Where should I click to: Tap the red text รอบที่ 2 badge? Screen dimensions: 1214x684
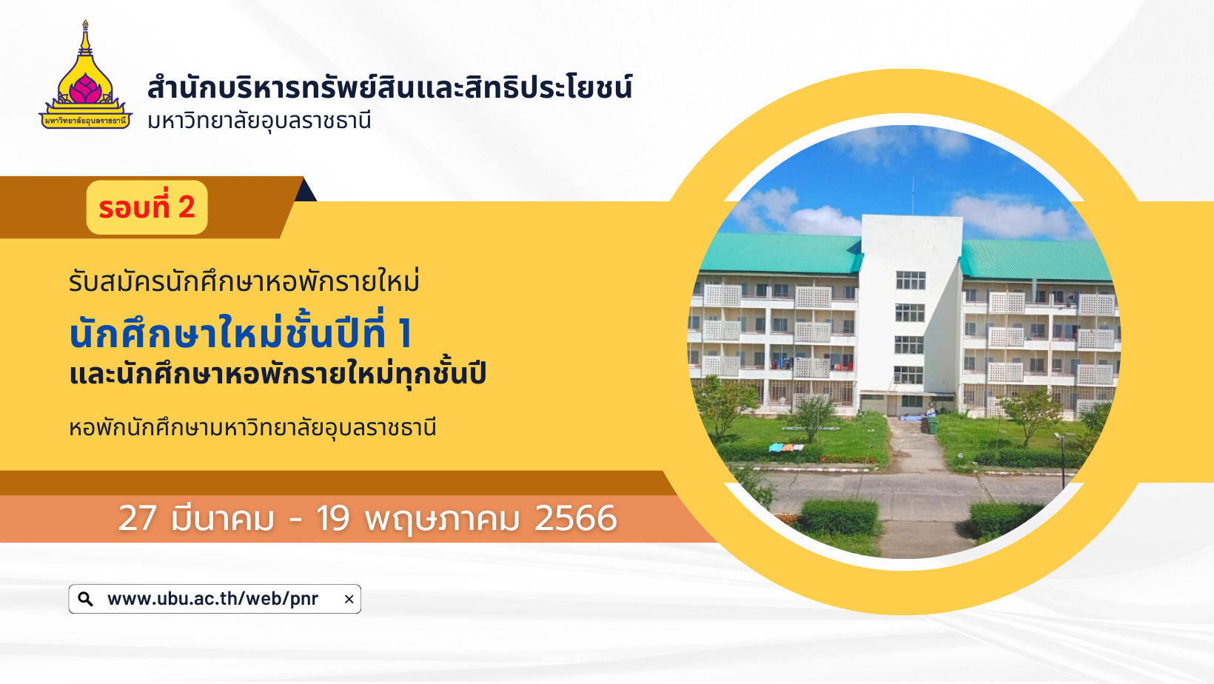(147, 207)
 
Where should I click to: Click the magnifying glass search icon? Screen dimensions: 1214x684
(85, 599)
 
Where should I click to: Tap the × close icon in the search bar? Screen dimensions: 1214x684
(349, 599)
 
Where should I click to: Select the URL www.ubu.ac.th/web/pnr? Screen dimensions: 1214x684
(212, 599)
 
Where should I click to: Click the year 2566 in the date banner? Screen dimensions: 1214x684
(576, 518)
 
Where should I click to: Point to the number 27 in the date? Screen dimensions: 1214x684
(138, 518)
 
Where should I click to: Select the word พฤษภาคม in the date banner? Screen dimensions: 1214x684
(442, 519)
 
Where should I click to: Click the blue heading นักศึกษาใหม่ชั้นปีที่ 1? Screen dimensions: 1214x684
(241, 331)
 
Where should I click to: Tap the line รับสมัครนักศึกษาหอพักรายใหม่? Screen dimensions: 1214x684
(244, 281)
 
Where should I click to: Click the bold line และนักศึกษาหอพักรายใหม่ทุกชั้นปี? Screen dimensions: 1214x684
(278, 372)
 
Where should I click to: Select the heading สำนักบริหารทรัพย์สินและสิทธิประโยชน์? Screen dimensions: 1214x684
(389, 87)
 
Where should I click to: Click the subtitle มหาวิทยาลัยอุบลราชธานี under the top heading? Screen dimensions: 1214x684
(259, 121)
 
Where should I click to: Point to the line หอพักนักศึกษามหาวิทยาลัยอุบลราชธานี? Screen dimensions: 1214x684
(252, 427)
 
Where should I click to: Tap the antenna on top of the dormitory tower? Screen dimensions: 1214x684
(913, 195)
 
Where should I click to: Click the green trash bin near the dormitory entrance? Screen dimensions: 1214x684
(932, 424)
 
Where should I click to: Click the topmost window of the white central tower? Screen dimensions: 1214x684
(910, 281)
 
